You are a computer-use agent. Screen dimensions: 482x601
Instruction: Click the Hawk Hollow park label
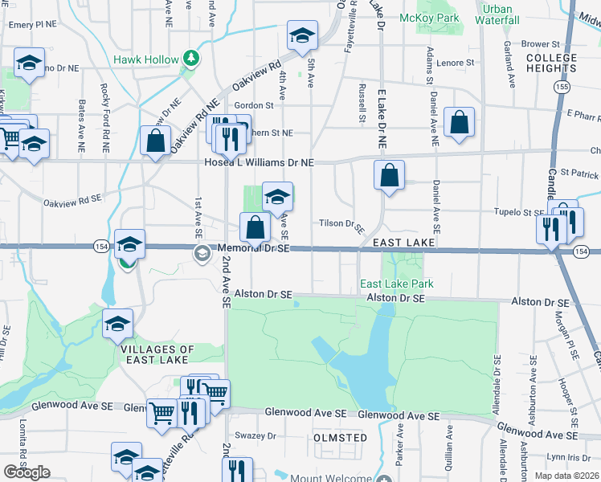[147, 59]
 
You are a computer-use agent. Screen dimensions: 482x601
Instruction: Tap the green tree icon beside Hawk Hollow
[191, 58]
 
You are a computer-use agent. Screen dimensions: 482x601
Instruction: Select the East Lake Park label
[396, 284]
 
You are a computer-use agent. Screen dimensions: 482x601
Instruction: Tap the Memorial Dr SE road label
[254, 249]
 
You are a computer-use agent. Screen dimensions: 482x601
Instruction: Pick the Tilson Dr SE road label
[342, 223]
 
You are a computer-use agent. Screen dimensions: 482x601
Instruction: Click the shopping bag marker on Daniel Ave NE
[458, 123]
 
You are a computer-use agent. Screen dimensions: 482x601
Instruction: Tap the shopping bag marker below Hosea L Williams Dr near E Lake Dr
[389, 175]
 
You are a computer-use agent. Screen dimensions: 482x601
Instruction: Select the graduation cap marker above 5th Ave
[302, 36]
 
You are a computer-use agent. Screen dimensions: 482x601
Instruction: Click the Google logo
[26, 472]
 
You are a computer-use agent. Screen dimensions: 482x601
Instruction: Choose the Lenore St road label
[456, 62]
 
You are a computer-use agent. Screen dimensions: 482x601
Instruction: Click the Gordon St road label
[254, 105]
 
